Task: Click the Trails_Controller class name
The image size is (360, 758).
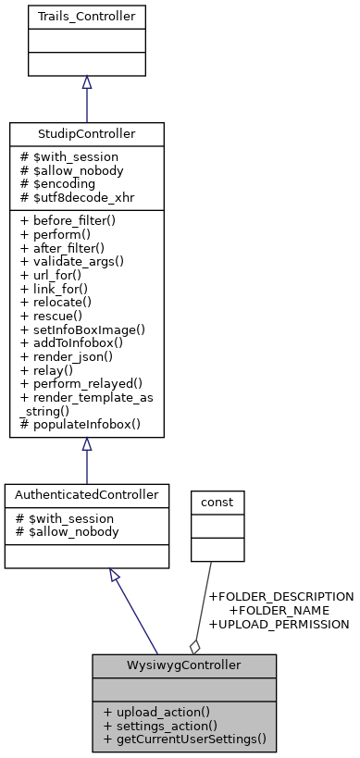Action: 86,18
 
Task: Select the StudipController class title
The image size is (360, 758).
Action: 86,134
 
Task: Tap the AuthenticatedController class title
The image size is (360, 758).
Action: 86,495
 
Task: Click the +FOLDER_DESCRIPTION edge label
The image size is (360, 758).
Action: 281,597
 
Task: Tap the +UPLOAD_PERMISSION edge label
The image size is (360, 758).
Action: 279,625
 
